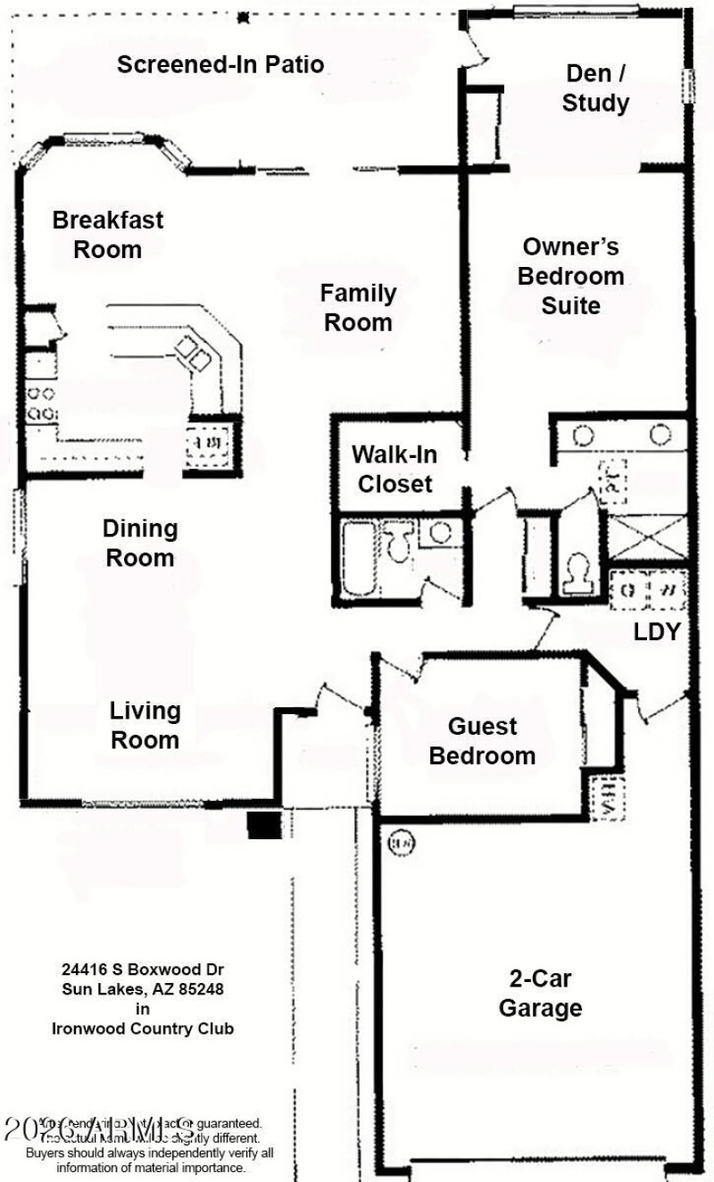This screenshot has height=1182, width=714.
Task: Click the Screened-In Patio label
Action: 220,64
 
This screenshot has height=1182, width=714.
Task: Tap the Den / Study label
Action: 595,88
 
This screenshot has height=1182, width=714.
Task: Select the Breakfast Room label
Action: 108,234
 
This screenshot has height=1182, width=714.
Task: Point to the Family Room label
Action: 358,307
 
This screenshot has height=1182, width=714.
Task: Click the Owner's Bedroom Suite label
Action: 571,276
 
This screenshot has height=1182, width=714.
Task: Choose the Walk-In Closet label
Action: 394,469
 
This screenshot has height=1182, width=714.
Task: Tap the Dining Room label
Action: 140,543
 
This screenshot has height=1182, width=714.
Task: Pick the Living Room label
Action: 145,725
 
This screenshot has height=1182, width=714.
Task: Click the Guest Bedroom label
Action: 482,741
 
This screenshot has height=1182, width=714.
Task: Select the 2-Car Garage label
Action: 540,993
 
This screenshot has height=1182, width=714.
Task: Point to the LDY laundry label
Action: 658,632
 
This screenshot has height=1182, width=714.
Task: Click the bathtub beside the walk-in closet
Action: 360,559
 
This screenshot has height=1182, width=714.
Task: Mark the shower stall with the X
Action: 647,537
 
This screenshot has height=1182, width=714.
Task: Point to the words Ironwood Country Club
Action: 143,1028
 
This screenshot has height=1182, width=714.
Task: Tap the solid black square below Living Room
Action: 264,825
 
